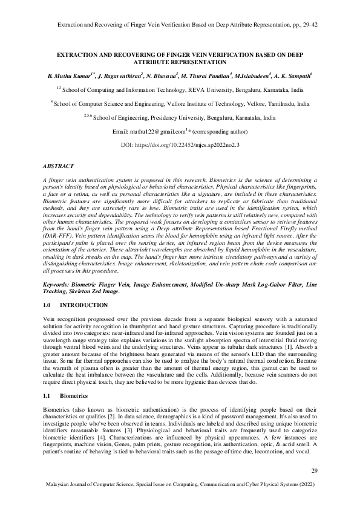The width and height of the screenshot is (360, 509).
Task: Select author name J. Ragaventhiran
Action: click(x=119, y=76)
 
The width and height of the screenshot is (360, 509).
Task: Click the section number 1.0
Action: click(x=50, y=305)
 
